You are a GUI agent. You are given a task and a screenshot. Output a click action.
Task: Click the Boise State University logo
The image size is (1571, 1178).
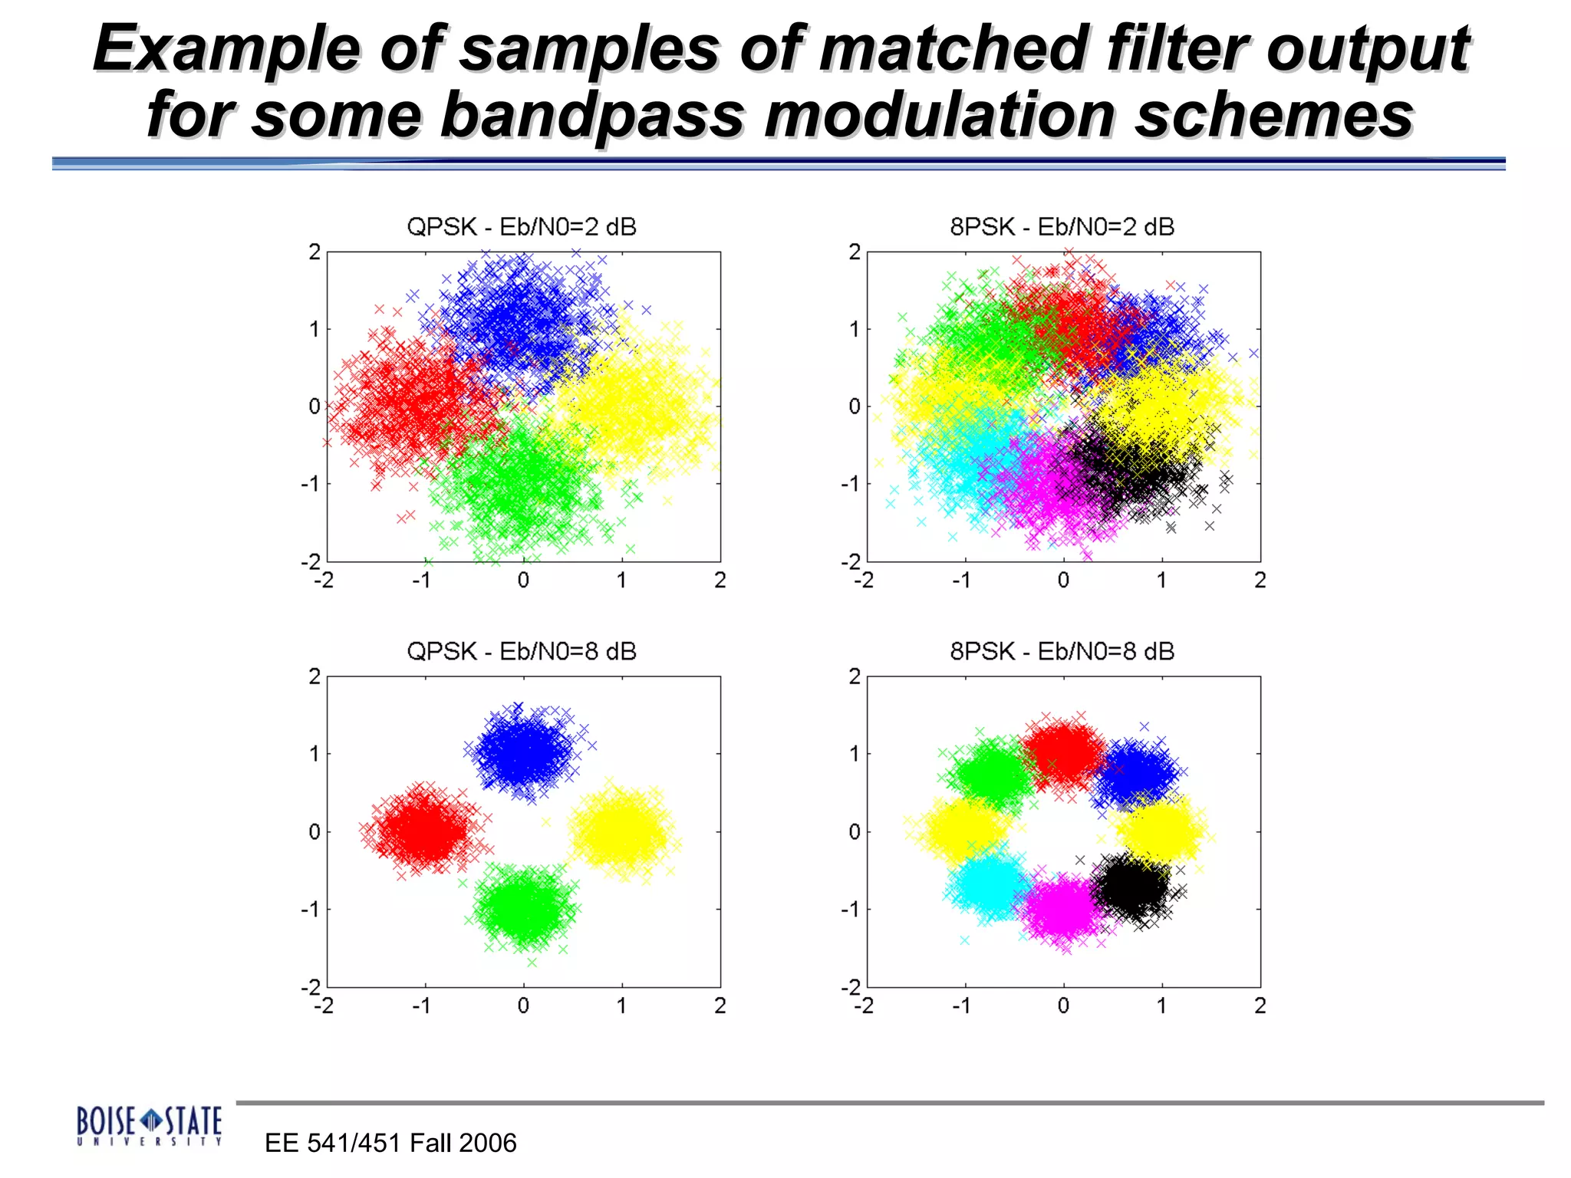tap(149, 1125)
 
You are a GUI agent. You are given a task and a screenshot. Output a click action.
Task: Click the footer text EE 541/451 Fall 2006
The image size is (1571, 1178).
tap(390, 1143)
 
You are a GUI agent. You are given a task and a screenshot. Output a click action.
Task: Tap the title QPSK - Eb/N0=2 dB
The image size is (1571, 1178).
tap(521, 227)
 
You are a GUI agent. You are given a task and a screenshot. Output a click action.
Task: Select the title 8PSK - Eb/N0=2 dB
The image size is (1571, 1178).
tap(1062, 227)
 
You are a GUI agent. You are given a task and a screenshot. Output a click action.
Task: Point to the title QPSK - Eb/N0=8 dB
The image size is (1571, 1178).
tap(521, 651)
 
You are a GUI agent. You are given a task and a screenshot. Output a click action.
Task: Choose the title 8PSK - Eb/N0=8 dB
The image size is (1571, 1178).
tap(1062, 651)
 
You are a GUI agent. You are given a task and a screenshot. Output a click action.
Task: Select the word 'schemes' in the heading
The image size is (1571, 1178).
tap(1273, 115)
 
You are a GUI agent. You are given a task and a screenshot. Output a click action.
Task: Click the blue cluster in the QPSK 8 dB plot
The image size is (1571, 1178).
tap(524, 752)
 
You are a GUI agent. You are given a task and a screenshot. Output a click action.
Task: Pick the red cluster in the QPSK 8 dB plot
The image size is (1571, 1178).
tap(423, 831)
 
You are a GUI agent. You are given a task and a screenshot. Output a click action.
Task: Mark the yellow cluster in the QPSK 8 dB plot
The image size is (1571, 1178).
tap(622, 830)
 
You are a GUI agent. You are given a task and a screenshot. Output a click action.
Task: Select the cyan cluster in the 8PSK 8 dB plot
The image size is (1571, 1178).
tap(990, 885)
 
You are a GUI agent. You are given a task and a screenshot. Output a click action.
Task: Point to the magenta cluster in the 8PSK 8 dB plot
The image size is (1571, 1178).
tap(1062, 910)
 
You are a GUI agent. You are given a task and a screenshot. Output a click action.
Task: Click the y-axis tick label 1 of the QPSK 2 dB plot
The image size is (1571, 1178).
tap(314, 330)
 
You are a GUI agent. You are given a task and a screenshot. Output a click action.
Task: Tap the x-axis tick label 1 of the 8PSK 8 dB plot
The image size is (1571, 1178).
tap(1161, 1005)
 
